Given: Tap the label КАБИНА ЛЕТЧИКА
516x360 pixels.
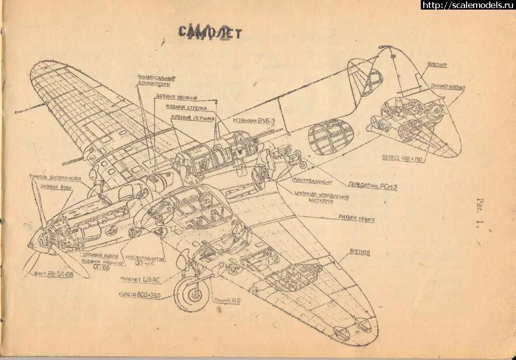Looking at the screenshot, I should (x=193, y=117).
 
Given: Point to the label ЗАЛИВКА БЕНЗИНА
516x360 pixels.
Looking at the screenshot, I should (x=176, y=97).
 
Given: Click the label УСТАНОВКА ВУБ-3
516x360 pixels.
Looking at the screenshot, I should (x=253, y=121).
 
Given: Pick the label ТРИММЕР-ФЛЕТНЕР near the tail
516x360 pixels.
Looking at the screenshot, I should (x=447, y=87).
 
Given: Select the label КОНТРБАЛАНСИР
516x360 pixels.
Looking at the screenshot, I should (x=312, y=181).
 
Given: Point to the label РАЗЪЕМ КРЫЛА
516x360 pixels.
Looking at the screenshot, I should (x=357, y=219).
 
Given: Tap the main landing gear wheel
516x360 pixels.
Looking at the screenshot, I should (x=191, y=294).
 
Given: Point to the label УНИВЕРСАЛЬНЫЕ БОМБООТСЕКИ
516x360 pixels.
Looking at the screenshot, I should (x=156, y=80).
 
